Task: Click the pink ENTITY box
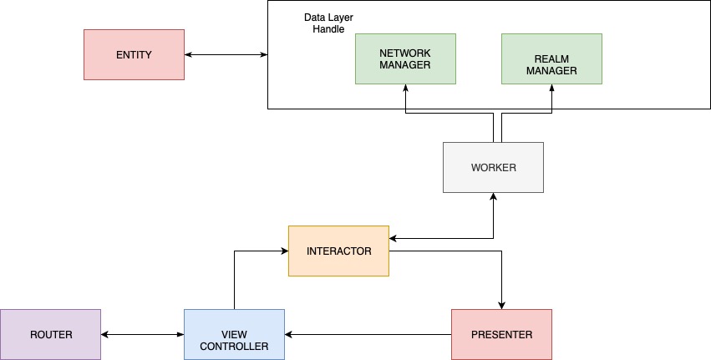[x=134, y=54]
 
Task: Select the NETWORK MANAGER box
[x=405, y=58]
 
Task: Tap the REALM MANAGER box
[x=551, y=58]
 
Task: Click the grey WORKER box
[x=493, y=167]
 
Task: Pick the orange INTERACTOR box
[x=338, y=251]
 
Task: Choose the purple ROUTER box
[x=50, y=334]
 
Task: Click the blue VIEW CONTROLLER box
[x=234, y=334]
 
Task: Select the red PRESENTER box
[x=501, y=334]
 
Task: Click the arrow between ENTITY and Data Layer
[x=226, y=55]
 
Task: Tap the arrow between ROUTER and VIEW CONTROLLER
[x=142, y=335]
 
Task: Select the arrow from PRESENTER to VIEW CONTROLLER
[x=368, y=335]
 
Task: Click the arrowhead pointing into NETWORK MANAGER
[x=405, y=89]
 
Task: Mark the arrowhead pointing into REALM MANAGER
[x=552, y=89]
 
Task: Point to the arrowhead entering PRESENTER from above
[x=502, y=304]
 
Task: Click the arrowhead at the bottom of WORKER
[x=494, y=197]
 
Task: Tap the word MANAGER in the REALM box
[x=551, y=70]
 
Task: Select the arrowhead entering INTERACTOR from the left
[x=283, y=250]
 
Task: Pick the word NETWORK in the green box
[x=405, y=53]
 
